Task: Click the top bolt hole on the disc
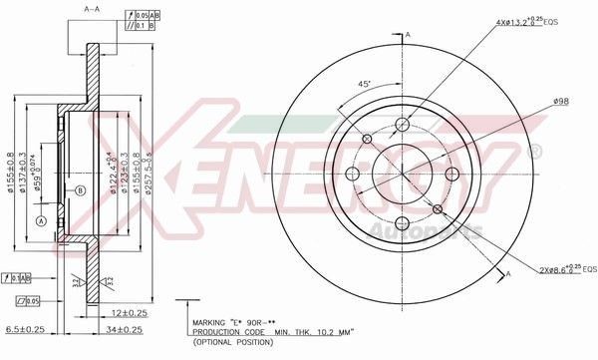(x=403, y=125)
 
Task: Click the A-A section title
(x=91, y=8)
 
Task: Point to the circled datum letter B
(x=80, y=189)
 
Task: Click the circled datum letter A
(x=41, y=219)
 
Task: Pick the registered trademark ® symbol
(x=534, y=152)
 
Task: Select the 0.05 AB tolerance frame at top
(x=145, y=14)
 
